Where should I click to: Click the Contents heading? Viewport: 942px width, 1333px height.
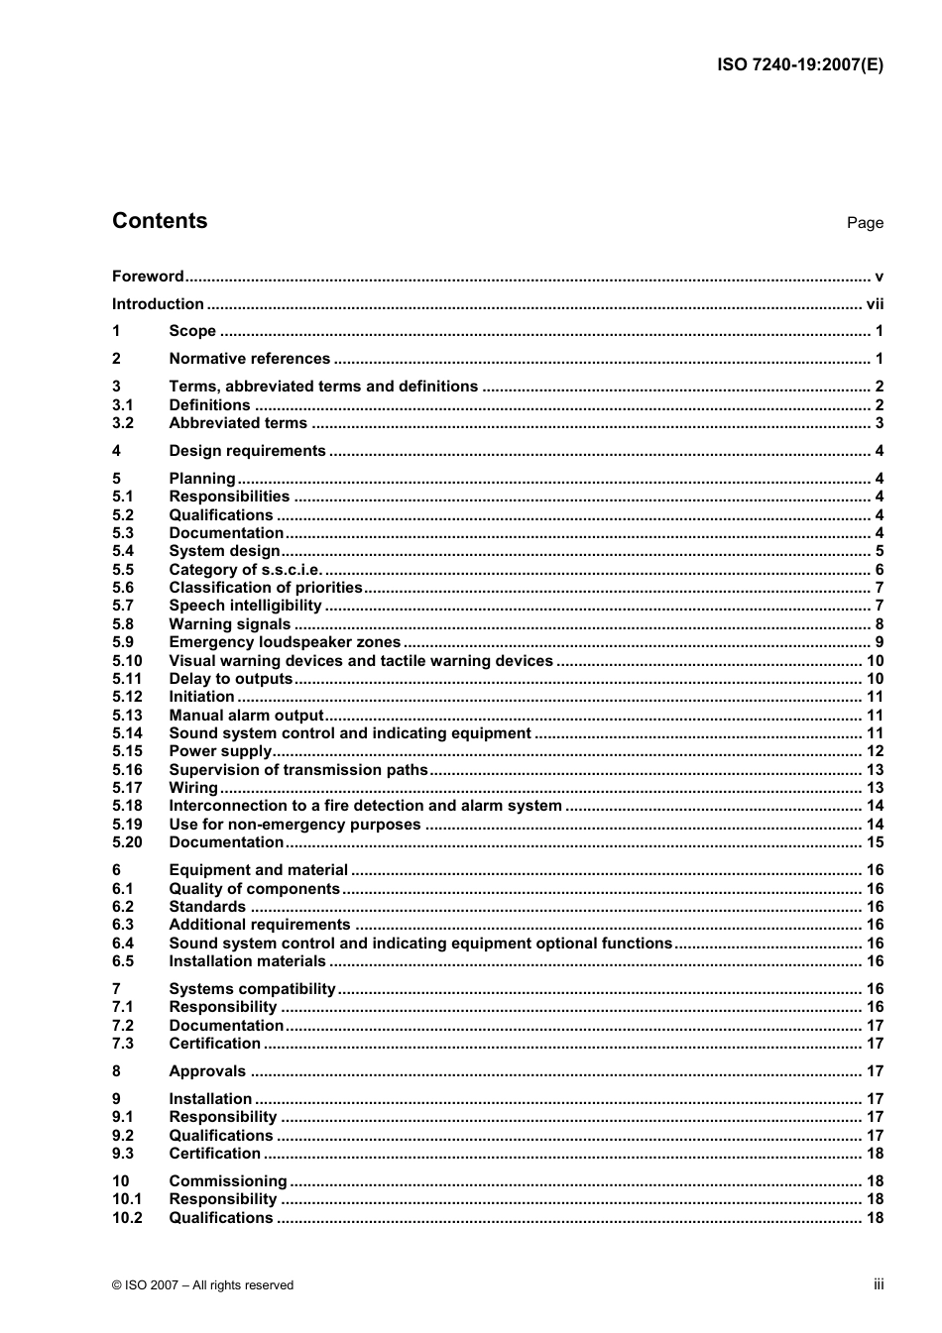[x=160, y=221]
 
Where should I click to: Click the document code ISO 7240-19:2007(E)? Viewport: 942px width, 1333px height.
[x=799, y=65]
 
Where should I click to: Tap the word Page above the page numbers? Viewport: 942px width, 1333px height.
[x=864, y=223]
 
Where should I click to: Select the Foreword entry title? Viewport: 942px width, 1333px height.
[x=148, y=277]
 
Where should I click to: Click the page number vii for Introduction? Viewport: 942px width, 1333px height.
[x=874, y=304]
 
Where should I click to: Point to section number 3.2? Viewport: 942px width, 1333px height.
[x=123, y=423]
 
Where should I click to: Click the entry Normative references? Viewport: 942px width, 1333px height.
[x=249, y=359]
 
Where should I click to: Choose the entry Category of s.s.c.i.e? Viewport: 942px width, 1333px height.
[x=246, y=570]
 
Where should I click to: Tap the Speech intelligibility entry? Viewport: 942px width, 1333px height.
[x=245, y=606]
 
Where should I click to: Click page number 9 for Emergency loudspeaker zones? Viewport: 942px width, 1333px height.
[x=879, y=642]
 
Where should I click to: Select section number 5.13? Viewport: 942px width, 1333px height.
[x=127, y=716]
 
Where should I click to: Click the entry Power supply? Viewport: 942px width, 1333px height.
[x=219, y=751]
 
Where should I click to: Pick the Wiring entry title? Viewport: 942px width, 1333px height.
[x=193, y=788]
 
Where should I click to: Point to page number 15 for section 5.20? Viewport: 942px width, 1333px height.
[x=875, y=842]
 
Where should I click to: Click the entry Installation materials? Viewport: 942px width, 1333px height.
[x=247, y=961]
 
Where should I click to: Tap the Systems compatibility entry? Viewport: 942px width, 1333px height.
[x=252, y=989]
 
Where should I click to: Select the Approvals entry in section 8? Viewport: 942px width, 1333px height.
[x=207, y=1071]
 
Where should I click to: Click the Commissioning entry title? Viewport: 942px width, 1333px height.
[x=227, y=1181]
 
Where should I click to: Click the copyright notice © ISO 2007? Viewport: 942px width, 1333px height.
[x=202, y=1285]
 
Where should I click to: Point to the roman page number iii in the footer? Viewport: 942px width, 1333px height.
[x=879, y=1284]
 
